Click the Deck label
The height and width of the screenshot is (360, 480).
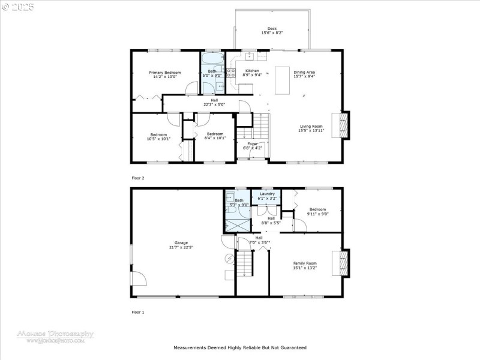click(272, 28)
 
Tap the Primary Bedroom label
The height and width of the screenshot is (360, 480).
click(165, 73)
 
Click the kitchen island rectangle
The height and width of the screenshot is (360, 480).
click(283, 80)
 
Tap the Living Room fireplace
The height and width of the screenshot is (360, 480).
click(343, 125)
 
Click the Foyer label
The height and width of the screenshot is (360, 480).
click(252, 144)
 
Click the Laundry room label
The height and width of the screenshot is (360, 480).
click(266, 194)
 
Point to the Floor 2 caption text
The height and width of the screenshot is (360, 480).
click(138, 178)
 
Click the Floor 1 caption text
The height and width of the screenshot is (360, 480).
click(138, 312)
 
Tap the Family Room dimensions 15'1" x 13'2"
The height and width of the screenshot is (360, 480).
click(304, 268)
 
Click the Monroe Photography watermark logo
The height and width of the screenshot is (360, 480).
click(55, 336)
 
